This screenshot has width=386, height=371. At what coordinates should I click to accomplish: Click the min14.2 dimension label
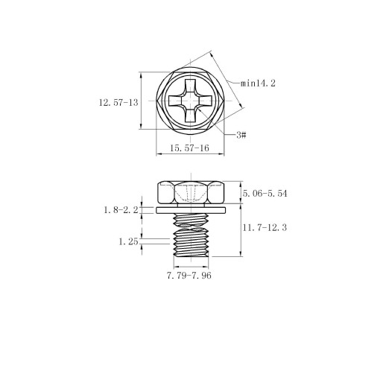tap(258, 83)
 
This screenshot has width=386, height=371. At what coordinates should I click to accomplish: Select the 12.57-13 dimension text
tap(118, 103)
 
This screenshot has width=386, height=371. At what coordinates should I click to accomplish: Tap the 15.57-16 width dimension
tap(189, 148)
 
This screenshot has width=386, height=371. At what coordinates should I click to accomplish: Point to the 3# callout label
tap(241, 135)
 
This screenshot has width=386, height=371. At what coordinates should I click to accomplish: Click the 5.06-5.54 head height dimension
tap(265, 194)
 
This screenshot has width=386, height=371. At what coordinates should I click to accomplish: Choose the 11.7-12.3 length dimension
tap(265, 227)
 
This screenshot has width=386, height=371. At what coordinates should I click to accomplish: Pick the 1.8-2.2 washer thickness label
tap(121, 210)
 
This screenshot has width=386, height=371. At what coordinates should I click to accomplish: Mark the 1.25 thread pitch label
tap(128, 241)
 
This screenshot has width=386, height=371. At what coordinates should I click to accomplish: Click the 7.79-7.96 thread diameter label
tap(189, 276)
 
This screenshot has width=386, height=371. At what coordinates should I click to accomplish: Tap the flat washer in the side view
tap(191, 210)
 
